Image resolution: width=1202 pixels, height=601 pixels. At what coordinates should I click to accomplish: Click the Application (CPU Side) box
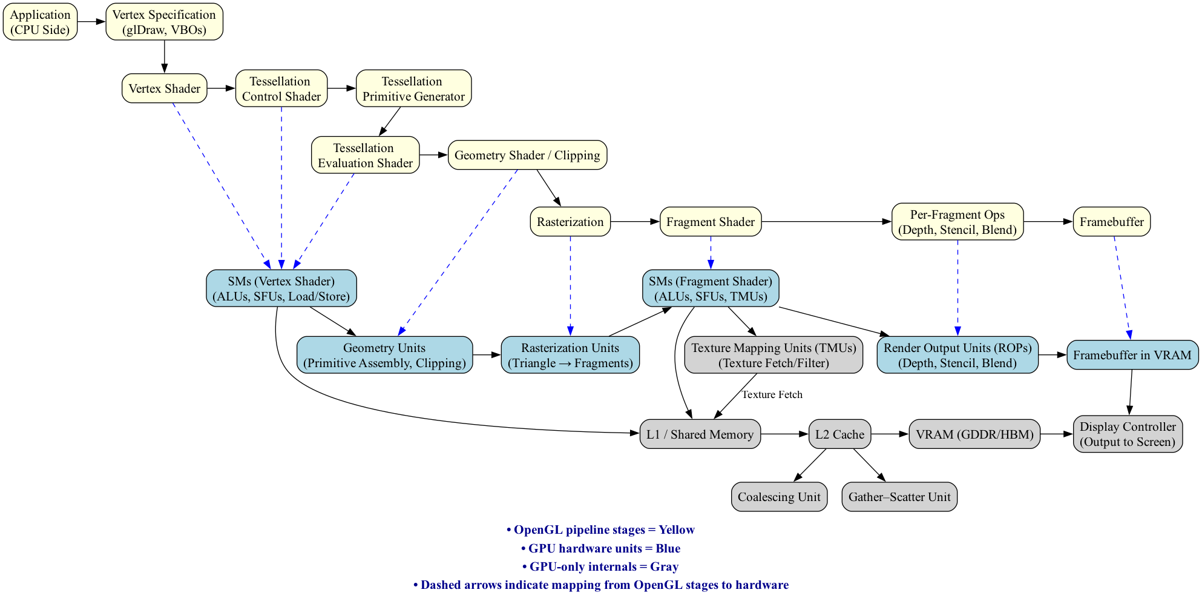40,22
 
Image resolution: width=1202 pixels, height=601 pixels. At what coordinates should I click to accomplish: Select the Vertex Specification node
164,22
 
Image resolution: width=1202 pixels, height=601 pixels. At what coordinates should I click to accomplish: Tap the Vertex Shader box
164,89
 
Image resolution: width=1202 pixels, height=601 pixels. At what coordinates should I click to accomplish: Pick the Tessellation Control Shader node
281,89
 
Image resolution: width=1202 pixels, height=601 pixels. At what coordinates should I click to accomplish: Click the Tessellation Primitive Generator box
413,89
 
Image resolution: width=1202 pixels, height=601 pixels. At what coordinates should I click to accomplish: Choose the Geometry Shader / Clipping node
527,156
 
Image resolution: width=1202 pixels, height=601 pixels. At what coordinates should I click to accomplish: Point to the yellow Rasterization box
570,222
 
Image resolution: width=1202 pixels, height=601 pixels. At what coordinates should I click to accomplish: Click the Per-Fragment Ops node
957,222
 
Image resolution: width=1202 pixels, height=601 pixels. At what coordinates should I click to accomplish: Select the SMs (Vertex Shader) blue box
281,289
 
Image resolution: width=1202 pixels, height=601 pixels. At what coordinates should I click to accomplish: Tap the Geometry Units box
384,356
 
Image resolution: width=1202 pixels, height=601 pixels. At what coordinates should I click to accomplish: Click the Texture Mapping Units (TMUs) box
773,356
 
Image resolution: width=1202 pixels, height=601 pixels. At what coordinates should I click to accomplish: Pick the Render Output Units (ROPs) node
957,356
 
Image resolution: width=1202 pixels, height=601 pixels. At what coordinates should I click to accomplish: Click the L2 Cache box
839,434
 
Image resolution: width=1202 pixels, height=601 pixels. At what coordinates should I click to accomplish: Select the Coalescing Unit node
778,497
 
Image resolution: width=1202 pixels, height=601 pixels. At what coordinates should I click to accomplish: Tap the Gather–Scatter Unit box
899,497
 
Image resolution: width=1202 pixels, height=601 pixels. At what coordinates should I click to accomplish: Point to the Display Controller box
1127,434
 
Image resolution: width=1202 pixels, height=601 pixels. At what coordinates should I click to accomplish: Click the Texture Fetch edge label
772,395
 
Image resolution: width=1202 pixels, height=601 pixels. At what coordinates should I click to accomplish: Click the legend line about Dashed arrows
600,585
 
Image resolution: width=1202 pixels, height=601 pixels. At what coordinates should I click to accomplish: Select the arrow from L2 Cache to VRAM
890,434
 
